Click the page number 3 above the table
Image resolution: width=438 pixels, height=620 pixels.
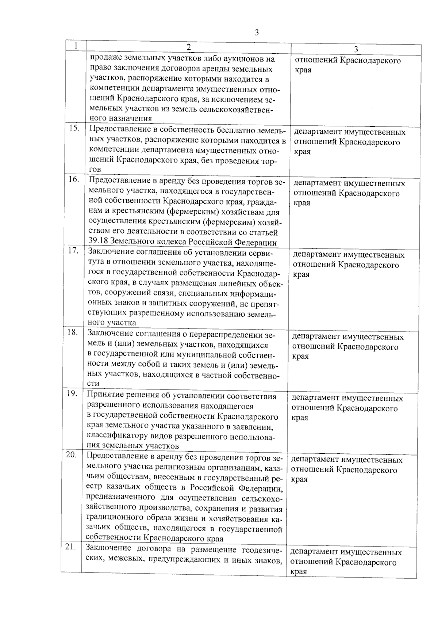pos(257,33)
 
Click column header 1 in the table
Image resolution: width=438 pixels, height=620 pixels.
pos(76,46)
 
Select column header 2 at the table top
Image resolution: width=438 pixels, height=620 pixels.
pos(188,47)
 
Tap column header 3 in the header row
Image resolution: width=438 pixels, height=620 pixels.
pos(356,49)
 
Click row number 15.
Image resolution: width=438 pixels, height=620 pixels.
pos(74,128)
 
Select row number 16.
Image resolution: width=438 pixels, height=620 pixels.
pos(74,179)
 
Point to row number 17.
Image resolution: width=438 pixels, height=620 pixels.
pos(74,251)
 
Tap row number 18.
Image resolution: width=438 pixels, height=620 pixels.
pos(73,332)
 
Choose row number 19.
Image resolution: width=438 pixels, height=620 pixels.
pos(72,393)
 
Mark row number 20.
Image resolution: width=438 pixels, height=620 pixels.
pos(72,455)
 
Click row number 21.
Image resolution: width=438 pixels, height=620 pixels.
pos(71,547)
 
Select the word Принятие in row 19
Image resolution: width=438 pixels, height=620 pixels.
pos(105,396)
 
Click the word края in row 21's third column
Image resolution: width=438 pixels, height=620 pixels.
pos(299,571)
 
